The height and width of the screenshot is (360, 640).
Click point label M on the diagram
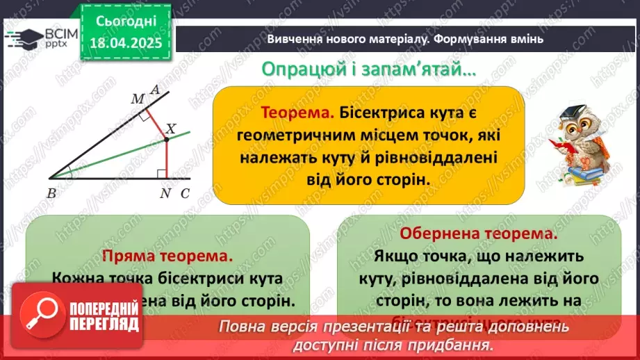point(138,99)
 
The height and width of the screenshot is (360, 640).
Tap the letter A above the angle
point(155,89)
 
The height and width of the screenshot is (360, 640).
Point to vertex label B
point(52,193)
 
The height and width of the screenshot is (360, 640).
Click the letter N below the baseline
point(165,193)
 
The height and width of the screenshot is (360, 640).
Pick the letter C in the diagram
point(184,193)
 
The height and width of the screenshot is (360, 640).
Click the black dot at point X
point(167,140)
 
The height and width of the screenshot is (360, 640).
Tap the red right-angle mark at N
point(162,173)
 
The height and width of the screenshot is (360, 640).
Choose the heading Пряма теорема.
point(167,255)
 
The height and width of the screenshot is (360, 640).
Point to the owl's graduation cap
point(582,111)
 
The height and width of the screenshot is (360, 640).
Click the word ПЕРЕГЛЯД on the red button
point(105,325)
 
